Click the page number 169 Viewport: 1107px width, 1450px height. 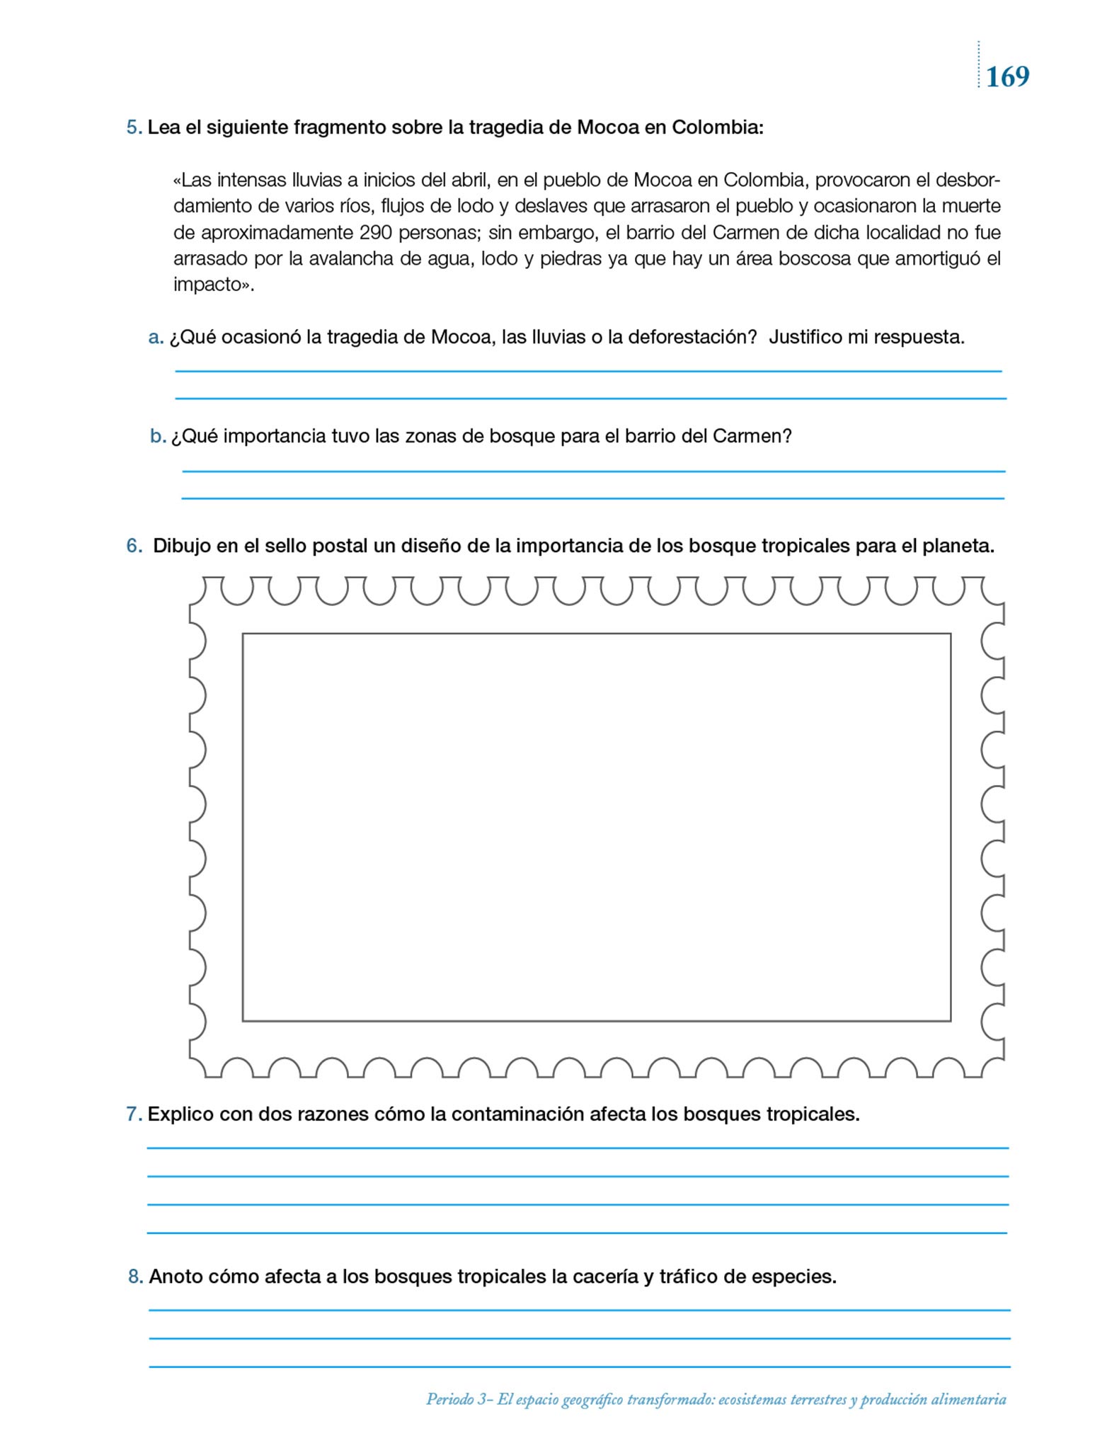(x=1007, y=76)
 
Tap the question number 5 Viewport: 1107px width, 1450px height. (x=134, y=128)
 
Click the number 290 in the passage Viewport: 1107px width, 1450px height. (x=379, y=233)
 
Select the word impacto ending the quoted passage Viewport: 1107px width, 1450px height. (x=210, y=285)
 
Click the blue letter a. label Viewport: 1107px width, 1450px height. (x=156, y=338)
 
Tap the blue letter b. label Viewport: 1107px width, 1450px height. (x=158, y=436)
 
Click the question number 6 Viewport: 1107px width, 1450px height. (x=134, y=547)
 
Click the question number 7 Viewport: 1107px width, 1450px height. (x=134, y=1114)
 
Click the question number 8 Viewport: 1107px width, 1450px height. (x=135, y=1277)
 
